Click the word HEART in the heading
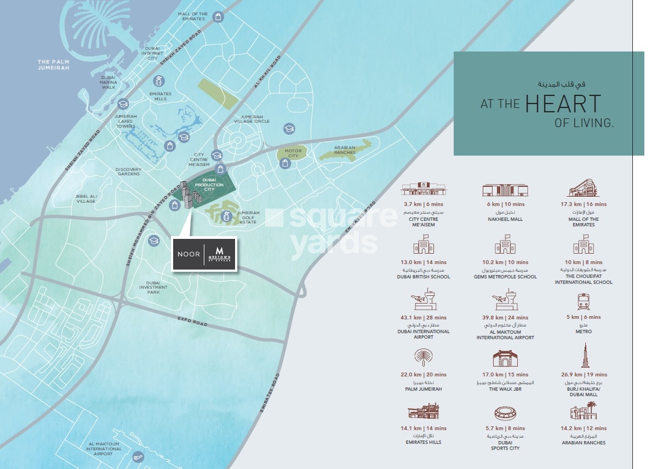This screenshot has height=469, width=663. (563, 104)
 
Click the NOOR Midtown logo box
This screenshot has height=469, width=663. (204, 254)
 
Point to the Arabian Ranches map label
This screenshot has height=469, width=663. (345, 150)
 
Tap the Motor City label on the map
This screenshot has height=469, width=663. (293, 153)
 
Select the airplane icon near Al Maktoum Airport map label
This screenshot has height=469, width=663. (138, 456)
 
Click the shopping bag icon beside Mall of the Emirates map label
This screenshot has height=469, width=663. (218, 17)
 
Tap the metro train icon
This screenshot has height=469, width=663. (583, 302)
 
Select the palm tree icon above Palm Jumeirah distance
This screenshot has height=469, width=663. (423, 358)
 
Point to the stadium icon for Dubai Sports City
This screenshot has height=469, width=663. (505, 413)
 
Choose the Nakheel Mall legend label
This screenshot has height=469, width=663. (505, 219)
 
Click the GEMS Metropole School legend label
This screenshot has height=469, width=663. (505, 277)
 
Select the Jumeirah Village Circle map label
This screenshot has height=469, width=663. (252, 119)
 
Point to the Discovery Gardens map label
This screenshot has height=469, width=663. (129, 171)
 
